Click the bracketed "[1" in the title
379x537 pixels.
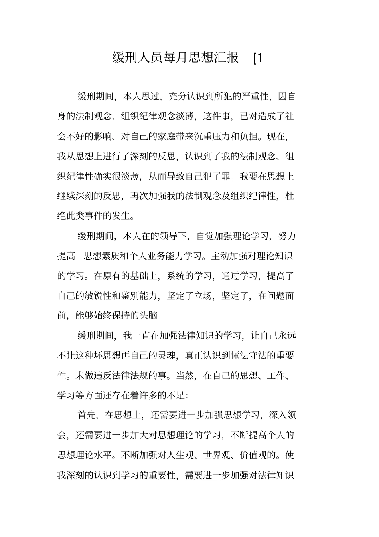(258, 58)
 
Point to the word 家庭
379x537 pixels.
(166, 136)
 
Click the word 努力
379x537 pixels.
(287, 236)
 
